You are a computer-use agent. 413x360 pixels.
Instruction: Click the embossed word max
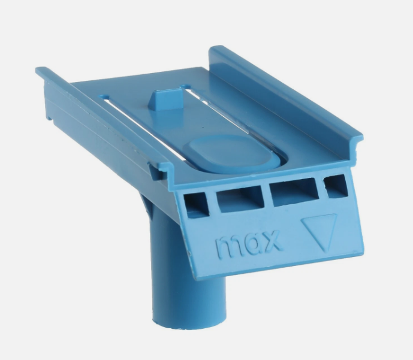(247, 244)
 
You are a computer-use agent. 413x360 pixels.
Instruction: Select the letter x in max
(270, 240)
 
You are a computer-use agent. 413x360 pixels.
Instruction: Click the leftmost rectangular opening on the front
(196, 205)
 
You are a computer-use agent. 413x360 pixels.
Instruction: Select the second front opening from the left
(240, 199)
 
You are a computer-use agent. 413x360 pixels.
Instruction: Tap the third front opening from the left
(294, 191)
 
